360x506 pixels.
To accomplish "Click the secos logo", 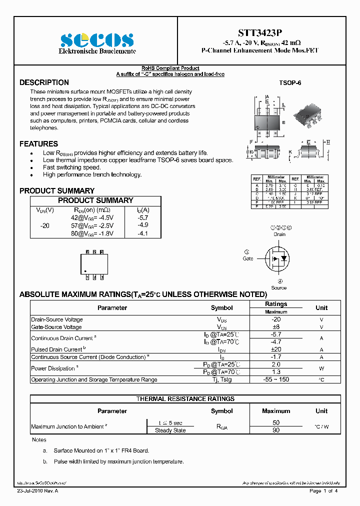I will (97, 39).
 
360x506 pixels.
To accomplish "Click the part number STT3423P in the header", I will (259, 33).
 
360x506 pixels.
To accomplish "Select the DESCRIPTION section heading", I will (44, 82).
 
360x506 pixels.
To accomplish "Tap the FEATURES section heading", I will (38, 144).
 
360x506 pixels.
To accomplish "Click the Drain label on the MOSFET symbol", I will (279, 234).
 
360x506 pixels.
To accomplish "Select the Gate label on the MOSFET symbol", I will (248, 258).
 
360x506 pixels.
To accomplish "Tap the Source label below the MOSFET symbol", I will (279, 287).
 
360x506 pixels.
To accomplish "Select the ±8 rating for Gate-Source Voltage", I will (276, 327).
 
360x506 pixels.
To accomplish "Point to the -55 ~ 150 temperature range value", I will (276, 379).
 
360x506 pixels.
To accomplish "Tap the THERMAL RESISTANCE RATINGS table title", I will (185, 399).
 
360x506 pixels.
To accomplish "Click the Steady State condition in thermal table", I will (170, 430).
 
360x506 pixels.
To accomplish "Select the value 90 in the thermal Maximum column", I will (276, 430).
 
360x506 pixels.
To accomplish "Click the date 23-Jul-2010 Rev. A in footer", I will (37, 491).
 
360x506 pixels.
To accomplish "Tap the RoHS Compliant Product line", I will (170, 68).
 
